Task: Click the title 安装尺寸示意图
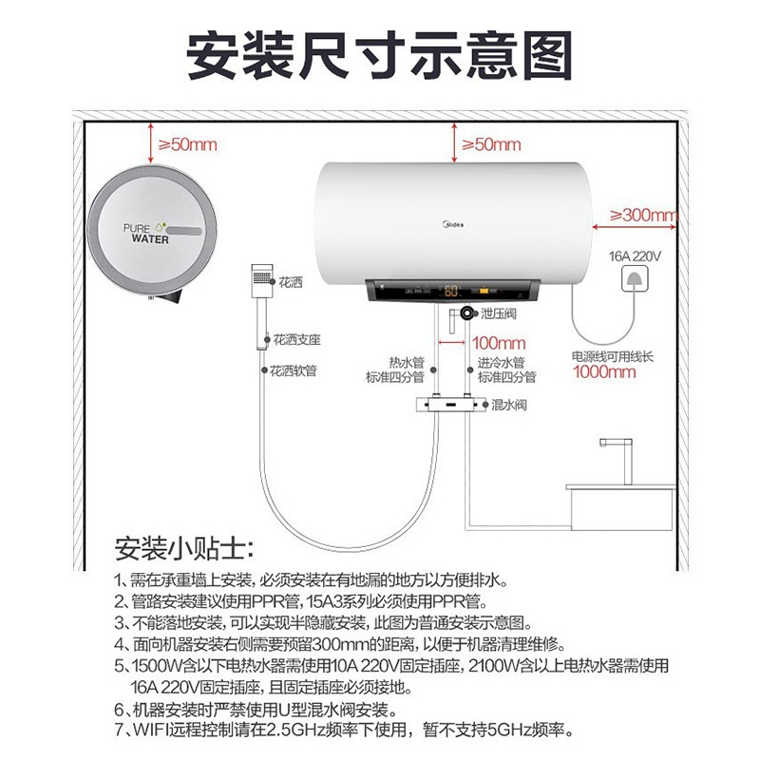click(379, 55)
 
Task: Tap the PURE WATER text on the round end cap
click(146, 233)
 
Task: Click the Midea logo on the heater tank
click(453, 224)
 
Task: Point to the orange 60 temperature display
click(451, 291)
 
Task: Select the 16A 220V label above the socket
click(635, 256)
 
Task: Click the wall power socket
click(635, 279)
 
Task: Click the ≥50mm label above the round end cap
click(188, 144)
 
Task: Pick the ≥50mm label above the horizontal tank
click(491, 144)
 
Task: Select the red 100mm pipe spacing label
click(499, 343)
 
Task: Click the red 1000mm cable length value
click(604, 371)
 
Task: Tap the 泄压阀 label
click(498, 313)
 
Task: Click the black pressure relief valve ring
click(466, 313)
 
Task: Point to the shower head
click(262, 281)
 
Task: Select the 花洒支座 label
click(297, 340)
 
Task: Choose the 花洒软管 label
click(294, 370)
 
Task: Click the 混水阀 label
click(509, 405)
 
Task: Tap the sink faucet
click(620, 461)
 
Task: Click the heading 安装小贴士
click(183, 548)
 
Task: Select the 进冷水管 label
click(502, 363)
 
